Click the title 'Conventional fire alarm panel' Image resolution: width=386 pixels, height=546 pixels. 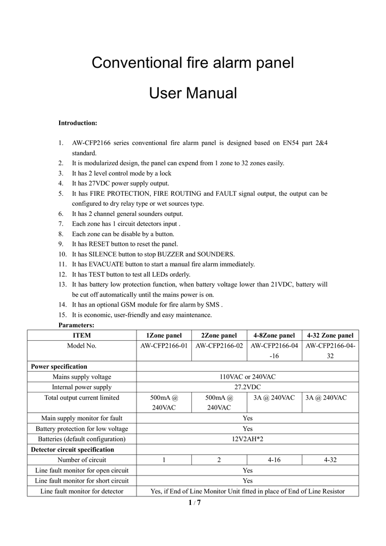(x=192, y=63)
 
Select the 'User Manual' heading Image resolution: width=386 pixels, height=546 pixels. (x=192, y=94)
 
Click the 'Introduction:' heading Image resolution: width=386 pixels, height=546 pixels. (x=77, y=123)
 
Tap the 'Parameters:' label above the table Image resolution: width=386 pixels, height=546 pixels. (x=76, y=325)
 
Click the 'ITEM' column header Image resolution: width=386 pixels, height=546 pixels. (x=82, y=335)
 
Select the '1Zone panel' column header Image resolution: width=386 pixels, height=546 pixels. (x=164, y=335)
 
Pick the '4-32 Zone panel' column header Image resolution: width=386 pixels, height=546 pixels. (x=330, y=335)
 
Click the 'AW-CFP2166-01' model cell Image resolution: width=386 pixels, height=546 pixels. (x=164, y=346)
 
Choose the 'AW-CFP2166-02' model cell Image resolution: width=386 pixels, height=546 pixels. (x=219, y=346)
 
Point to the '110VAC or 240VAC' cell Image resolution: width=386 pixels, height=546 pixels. (x=247, y=376)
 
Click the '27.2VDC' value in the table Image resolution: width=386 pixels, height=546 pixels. (x=247, y=387)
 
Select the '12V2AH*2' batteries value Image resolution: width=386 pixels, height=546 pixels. (x=247, y=439)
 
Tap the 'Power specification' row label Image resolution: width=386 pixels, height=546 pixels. (x=59, y=366)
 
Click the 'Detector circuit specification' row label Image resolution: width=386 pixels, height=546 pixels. (x=73, y=449)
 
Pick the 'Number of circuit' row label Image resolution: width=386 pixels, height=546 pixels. (x=82, y=460)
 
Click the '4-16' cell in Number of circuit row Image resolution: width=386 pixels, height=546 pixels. (x=274, y=460)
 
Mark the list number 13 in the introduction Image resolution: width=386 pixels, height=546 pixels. (x=62, y=284)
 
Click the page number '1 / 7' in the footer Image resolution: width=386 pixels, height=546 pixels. (x=194, y=503)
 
